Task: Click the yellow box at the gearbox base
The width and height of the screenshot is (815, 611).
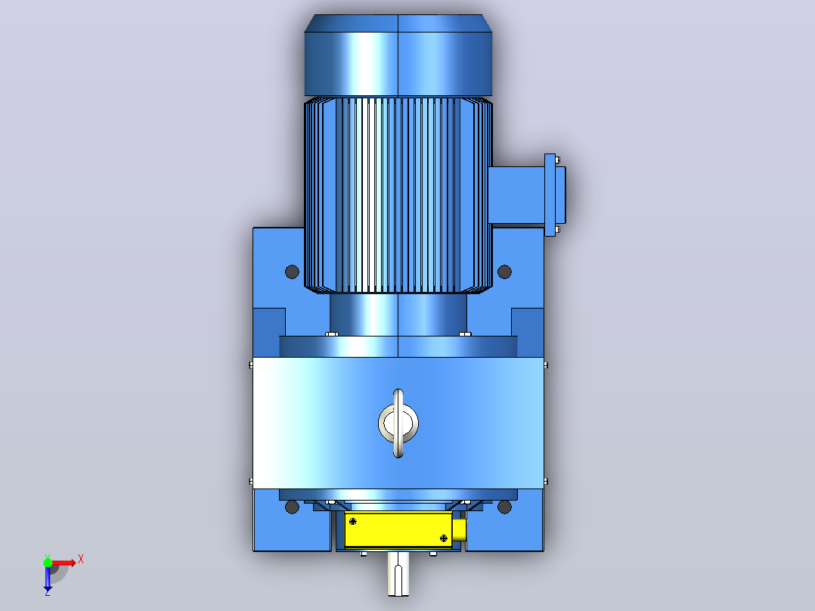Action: (x=398, y=529)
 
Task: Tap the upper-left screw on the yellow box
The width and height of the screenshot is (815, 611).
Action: (x=353, y=521)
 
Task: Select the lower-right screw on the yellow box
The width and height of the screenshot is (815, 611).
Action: (x=443, y=538)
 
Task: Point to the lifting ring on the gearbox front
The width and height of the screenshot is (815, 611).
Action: (x=398, y=423)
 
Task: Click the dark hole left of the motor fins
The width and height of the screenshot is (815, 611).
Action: (x=292, y=271)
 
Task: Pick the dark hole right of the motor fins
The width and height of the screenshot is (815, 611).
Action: (x=504, y=271)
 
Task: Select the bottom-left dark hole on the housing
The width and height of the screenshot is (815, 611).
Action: (x=292, y=507)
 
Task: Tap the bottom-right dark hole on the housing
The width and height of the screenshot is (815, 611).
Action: (x=504, y=507)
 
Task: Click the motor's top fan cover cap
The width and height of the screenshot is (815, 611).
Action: (x=398, y=55)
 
